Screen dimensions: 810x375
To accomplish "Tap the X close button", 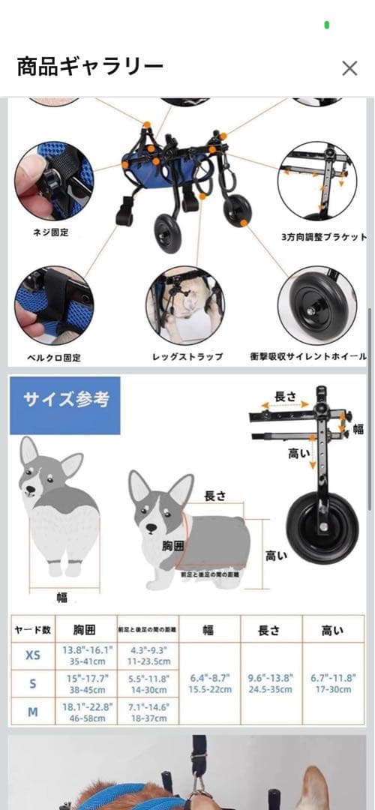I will [x=349, y=68].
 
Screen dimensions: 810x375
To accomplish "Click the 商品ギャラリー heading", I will [x=90, y=67].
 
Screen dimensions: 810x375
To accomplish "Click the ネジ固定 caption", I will [x=52, y=232].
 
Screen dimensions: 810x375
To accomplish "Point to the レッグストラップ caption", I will [x=187, y=357].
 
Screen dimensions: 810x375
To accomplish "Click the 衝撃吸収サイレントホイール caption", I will [x=308, y=357].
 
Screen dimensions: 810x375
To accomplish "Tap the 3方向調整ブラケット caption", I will [x=324, y=237].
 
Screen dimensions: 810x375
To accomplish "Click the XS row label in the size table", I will [x=33, y=655].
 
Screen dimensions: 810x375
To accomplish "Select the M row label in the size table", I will [x=33, y=712].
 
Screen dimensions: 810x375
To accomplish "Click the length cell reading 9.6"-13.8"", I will [x=269, y=683].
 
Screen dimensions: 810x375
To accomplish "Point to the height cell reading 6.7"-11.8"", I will [x=333, y=683].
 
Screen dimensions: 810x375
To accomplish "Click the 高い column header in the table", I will [x=333, y=631].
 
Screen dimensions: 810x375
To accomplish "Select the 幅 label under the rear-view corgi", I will [x=62, y=598].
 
